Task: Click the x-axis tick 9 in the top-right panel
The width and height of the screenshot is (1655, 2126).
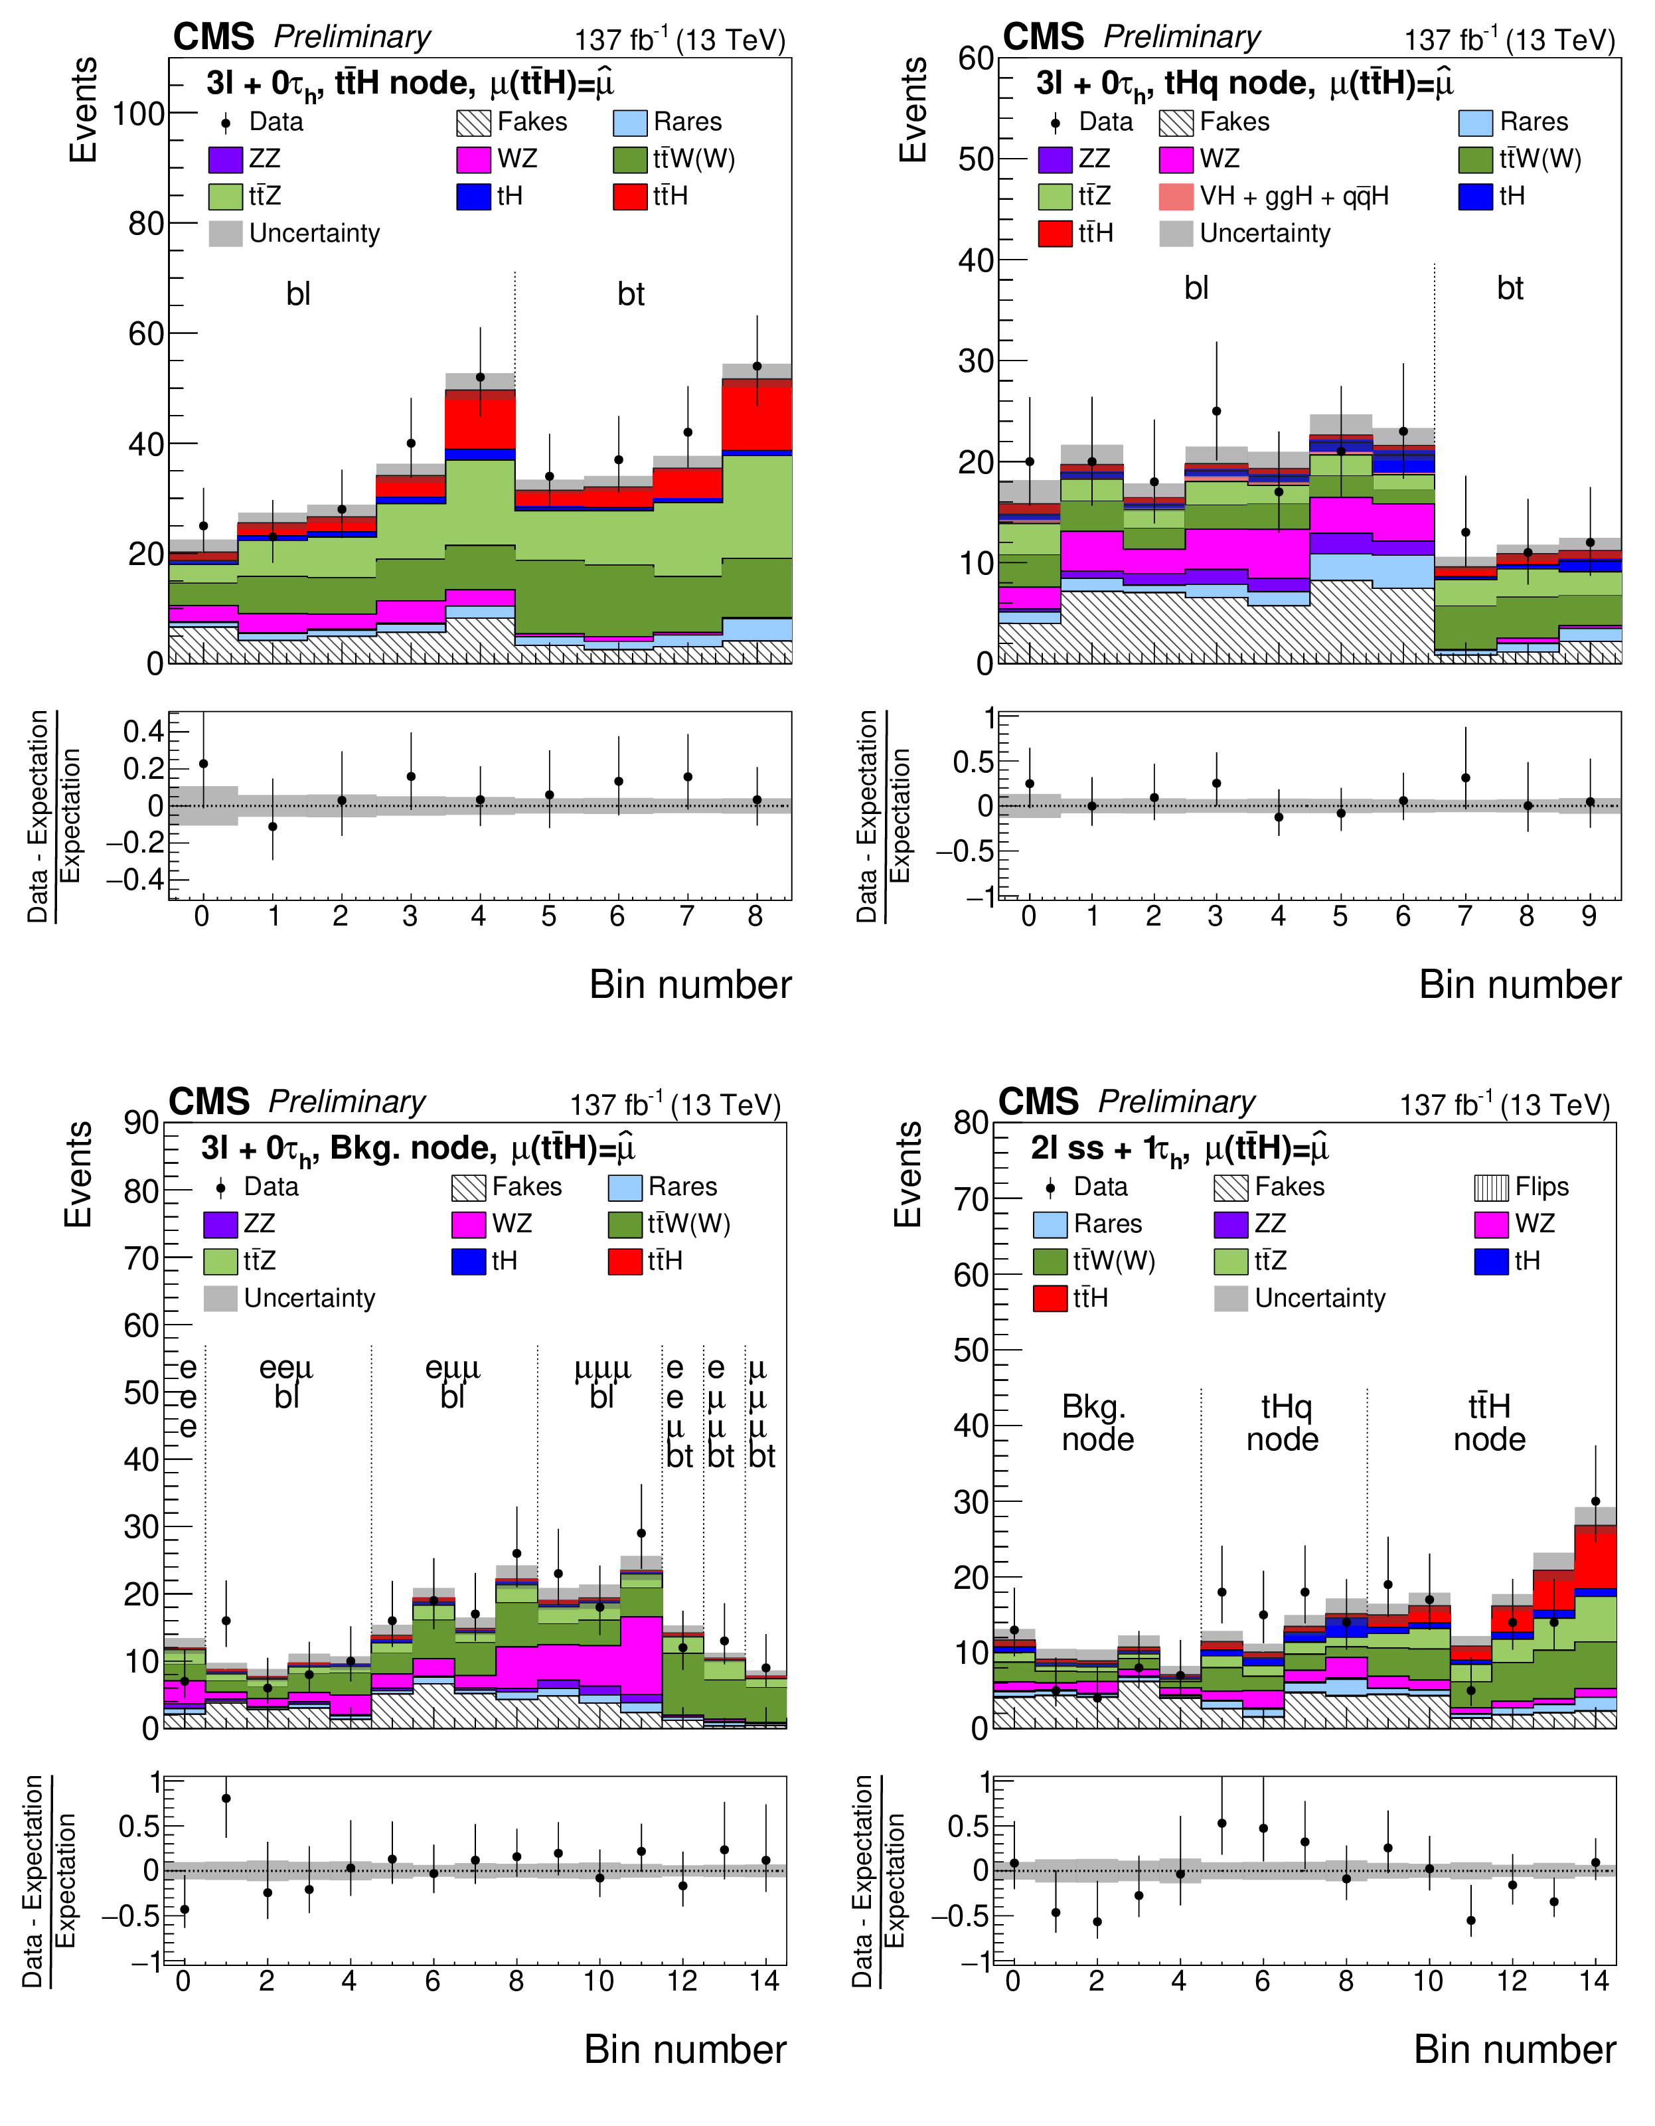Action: pos(1589,916)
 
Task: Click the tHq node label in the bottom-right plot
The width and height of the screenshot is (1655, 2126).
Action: pos(1284,1423)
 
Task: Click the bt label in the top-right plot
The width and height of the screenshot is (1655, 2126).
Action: pos(1510,288)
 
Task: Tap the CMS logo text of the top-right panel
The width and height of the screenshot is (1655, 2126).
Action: pos(1043,37)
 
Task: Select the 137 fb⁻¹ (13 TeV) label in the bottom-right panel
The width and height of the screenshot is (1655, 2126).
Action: pos(1505,1105)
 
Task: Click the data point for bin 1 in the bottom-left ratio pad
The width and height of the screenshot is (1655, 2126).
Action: pos(226,1799)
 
